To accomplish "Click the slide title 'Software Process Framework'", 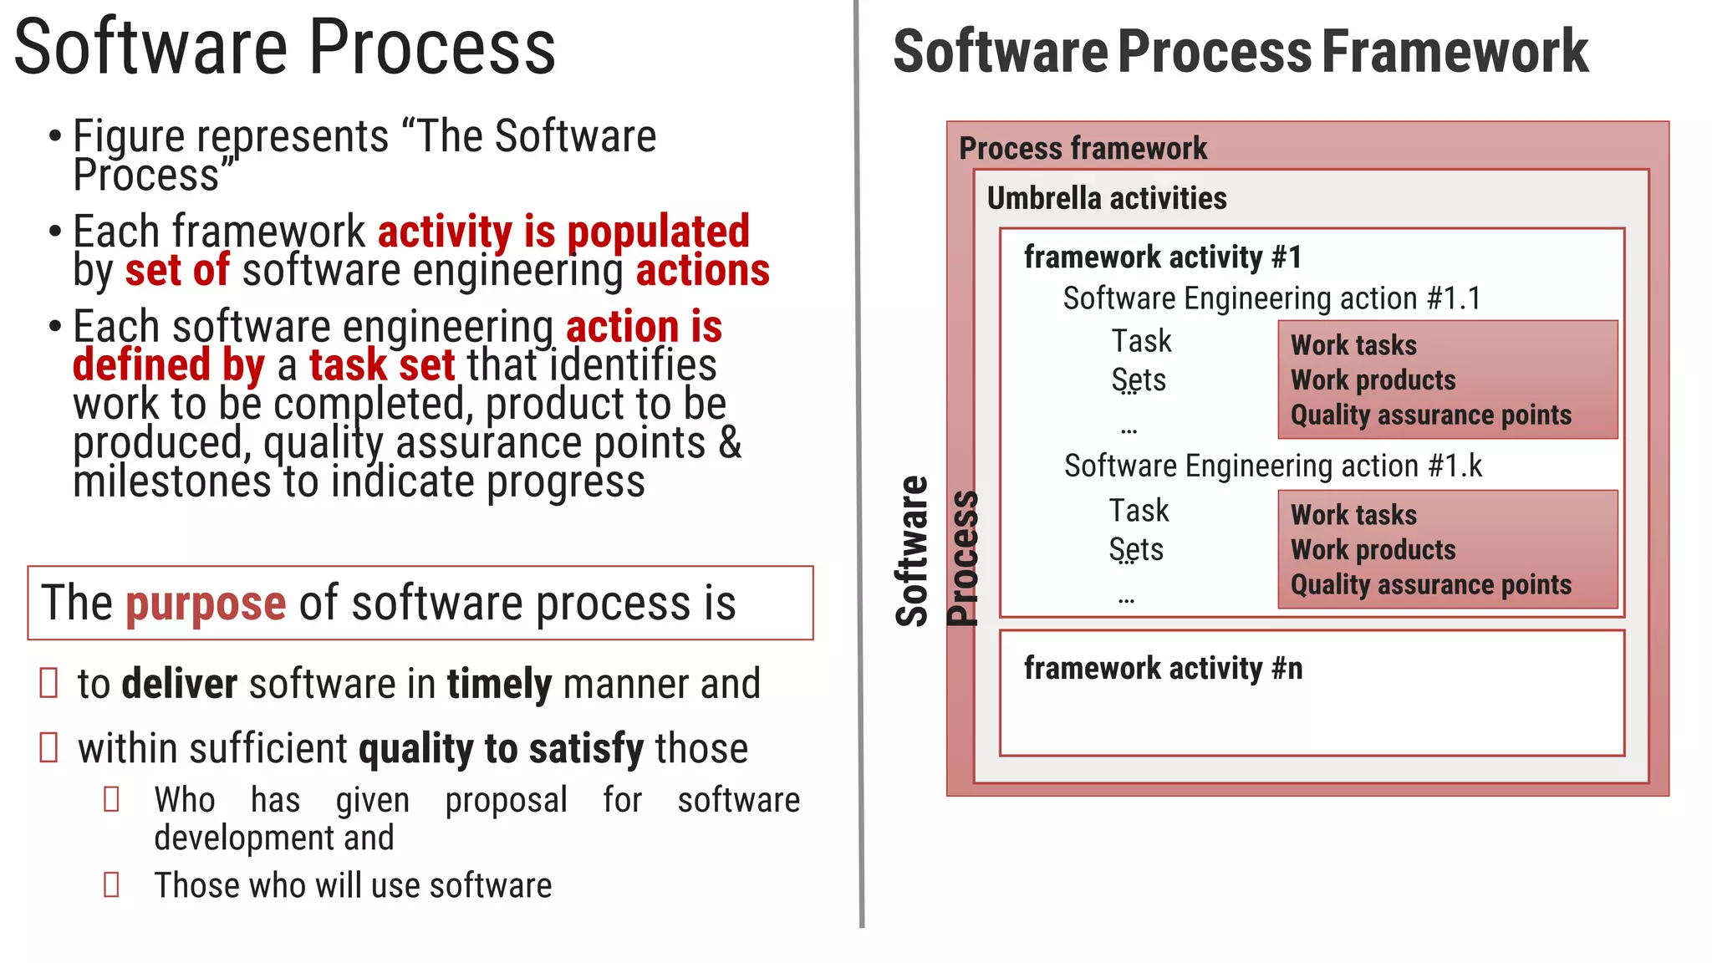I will pos(1240,52).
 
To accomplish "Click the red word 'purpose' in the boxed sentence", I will pos(206,604).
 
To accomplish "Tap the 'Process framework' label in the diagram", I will pos(1083,149).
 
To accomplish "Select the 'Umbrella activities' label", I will pos(1106,198).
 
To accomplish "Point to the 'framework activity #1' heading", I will pos(1162,257).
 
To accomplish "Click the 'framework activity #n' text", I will pos(1162,668).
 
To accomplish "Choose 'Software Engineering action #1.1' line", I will pos(1271,298).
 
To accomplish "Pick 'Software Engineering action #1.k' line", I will pos(1272,466).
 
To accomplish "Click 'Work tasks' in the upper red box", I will pos(1353,345).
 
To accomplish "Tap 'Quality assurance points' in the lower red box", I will pos(1430,584).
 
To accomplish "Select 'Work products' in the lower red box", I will pos(1373,549).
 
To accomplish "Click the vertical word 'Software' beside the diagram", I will pos(912,552).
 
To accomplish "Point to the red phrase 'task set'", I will pos(382,365).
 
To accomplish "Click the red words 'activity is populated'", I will pos(563,232).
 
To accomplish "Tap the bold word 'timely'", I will pos(499,684).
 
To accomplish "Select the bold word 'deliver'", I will pos(179,684).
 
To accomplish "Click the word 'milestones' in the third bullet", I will pos(171,482).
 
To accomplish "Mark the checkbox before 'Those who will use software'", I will pos(111,884).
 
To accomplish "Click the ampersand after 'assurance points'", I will pos(730,443).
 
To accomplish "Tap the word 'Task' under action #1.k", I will pos(1139,511).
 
